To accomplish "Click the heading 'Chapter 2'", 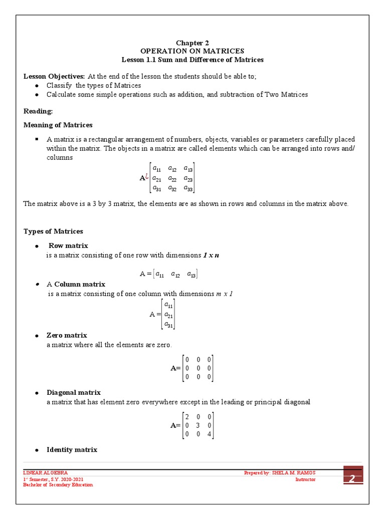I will click(192, 43).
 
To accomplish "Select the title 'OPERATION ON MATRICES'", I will click(192, 51).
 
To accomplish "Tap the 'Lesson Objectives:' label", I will click(55, 76).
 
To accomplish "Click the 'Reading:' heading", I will click(38, 111).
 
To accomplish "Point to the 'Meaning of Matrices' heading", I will click(58, 125).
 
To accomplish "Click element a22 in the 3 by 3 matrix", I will click(172, 178).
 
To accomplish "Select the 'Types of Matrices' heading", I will click(54, 231).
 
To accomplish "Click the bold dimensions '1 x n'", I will click(211, 255).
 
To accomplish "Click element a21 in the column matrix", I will click(169, 314).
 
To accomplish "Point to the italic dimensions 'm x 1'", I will click(224, 294).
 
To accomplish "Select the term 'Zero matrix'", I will click(67, 335).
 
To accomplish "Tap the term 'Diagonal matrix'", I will click(74, 392).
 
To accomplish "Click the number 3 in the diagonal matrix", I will click(198, 425).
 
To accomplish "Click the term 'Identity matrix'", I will click(72, 449).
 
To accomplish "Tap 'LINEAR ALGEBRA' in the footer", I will click(46, 472).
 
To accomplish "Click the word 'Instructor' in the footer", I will click(305, 479).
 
